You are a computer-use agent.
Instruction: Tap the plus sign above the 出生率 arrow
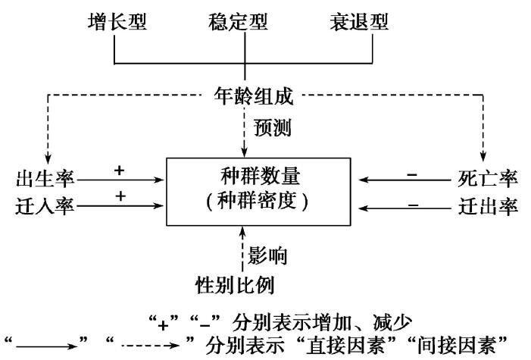click(118, 171)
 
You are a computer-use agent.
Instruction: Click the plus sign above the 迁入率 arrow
click(118, 196)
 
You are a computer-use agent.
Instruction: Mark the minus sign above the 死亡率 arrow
click(412, 174)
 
